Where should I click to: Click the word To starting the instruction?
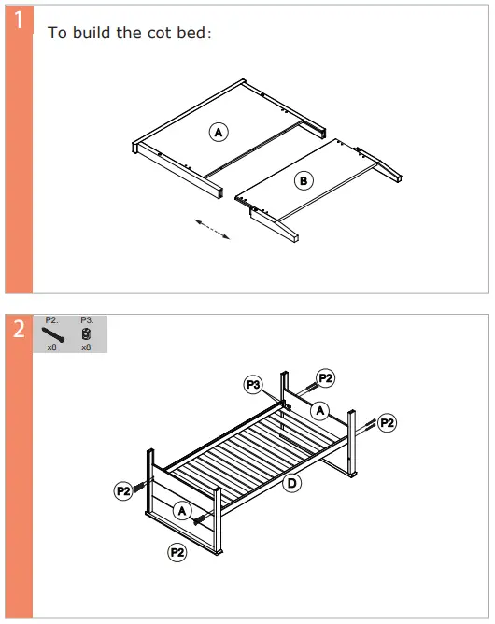[57, 33]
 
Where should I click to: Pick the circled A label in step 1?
[219, 133]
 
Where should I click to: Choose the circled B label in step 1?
[304, 180]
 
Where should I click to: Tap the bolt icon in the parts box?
[52, 333]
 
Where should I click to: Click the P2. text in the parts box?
[51, 319]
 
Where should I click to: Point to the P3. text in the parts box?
[86, 319]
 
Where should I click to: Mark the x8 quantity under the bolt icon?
[51, 347]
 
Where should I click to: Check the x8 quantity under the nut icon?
[86, 347]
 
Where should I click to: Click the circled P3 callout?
[253, 384]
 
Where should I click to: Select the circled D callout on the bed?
[291, 483]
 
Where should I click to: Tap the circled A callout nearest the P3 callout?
[319, 409]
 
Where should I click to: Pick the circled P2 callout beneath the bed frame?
[177, 553]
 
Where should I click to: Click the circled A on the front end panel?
[183, 510]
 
